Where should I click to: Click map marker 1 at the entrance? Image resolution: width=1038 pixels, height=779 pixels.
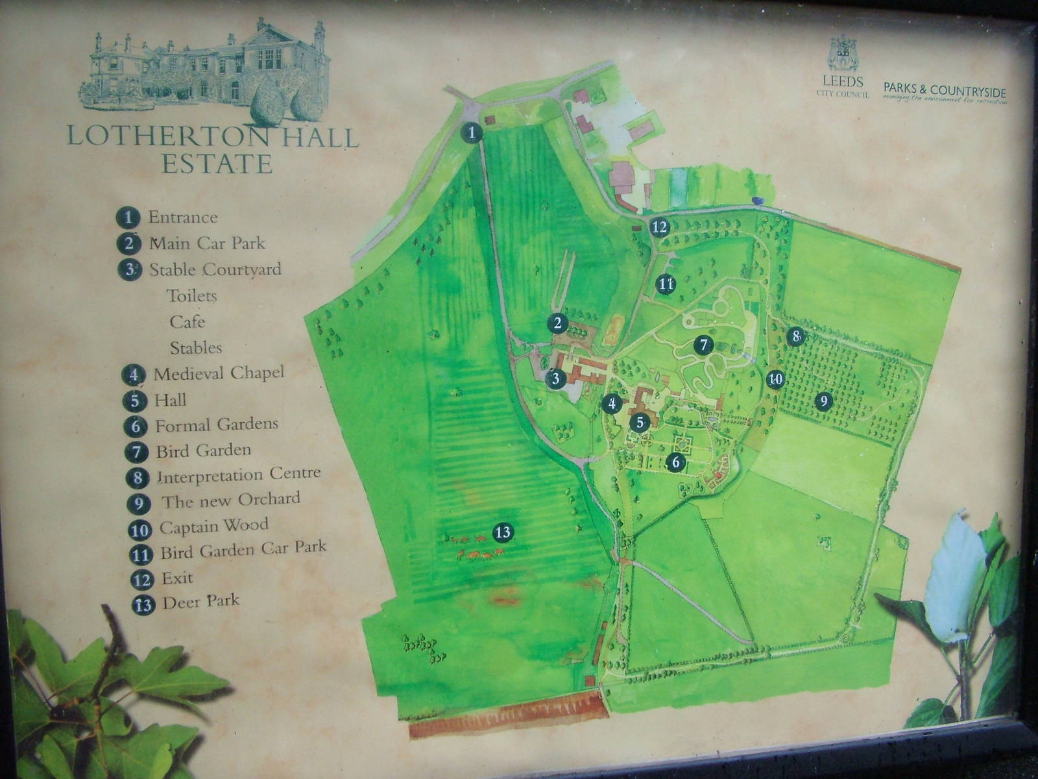472,132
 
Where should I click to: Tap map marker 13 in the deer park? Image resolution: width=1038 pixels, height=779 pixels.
503,533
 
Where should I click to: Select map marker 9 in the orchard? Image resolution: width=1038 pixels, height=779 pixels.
823,401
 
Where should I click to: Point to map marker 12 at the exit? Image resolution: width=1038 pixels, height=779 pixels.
660,227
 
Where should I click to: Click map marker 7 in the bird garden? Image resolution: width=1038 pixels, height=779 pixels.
703,345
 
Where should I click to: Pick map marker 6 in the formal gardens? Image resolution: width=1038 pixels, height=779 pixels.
675,462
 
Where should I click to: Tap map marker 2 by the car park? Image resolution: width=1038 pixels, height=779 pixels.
557,323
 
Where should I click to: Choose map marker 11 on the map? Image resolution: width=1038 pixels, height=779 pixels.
665,284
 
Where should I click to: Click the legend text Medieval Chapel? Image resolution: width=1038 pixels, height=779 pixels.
219,373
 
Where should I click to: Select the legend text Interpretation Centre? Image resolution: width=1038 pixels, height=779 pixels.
239,475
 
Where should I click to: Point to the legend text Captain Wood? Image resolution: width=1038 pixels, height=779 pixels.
213,526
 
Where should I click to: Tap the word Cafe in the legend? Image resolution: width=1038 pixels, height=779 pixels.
187,321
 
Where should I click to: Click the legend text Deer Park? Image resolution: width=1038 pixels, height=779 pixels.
200,600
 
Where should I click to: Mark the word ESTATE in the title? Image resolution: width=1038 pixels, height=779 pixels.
216,164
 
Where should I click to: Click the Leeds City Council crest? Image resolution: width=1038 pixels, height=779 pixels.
843,53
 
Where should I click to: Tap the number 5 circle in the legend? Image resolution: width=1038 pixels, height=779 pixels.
134,400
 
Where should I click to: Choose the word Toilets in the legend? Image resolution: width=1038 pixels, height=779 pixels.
191,296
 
